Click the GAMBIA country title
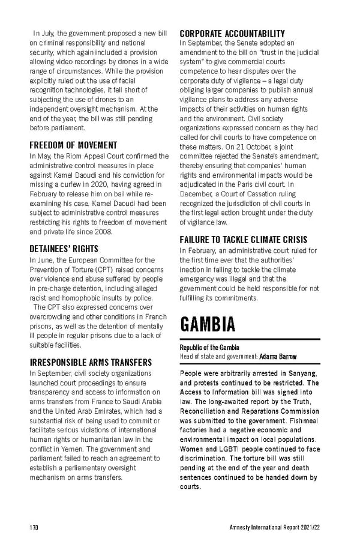point(208,325)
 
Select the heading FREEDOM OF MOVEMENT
point(73,145)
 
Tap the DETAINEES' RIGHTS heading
point(64,248)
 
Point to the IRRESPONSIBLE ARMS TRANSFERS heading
point(91,362)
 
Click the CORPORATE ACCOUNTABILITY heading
point(232,33)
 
